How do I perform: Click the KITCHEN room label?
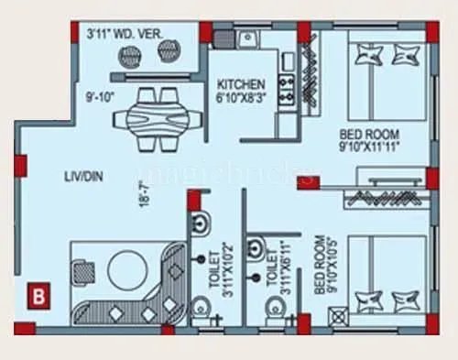point(242,82)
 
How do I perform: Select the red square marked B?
point(38,295)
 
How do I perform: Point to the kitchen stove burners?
point(286,90)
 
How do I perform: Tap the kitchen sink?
point(247,39)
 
